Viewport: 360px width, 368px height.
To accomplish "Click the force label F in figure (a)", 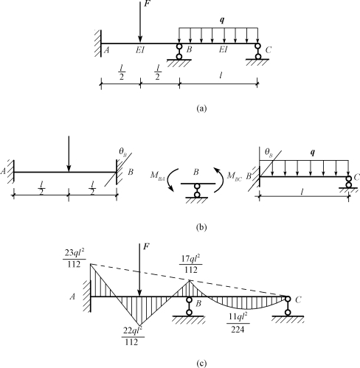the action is point(147,4).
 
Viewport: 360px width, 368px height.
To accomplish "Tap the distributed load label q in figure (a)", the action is point(222,20).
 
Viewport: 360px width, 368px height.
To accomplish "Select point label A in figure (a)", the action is point(106,50).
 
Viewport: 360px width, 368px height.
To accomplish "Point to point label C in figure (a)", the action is point(269,50).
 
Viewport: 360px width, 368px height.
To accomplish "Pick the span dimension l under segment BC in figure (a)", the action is point(221,76).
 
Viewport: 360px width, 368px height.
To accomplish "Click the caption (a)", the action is point(201,108).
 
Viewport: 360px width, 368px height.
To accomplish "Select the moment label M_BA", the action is point(158,176).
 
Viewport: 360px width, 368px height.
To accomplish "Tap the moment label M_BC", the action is point(235,176).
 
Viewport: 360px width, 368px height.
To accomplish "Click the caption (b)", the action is point(201,227).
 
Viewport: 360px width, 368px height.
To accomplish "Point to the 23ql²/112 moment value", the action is point(75,259).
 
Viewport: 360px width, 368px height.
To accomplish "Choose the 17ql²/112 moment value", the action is point(191,264).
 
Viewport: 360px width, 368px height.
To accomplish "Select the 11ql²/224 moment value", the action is point(238,324).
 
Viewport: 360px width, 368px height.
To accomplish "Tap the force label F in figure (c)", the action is point(146,246).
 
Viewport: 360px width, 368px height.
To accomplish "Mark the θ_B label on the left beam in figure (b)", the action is point(123,152).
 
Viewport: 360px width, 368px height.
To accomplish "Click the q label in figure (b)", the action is point(313,153).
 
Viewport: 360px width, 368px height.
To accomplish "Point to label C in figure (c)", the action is point(298,299).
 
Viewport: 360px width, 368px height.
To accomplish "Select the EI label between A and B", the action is point(140,50).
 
